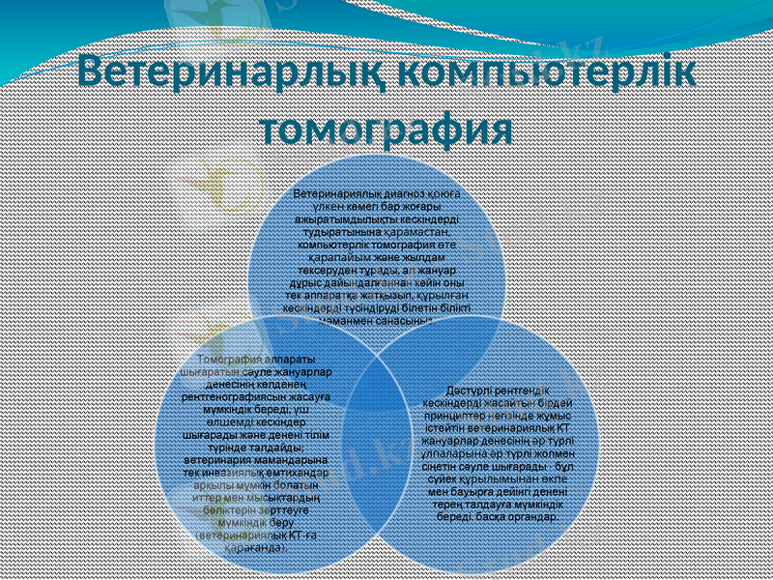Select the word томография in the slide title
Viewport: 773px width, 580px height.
click(x=386, y=128)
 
